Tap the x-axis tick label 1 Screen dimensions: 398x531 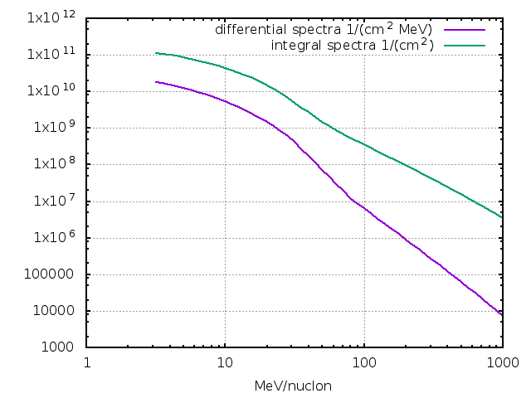point(87,363)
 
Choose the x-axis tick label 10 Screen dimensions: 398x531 point(225,363)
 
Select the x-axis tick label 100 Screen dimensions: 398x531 point(363,363)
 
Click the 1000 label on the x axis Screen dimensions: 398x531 point(501,363)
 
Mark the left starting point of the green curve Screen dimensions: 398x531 point(156,53)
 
